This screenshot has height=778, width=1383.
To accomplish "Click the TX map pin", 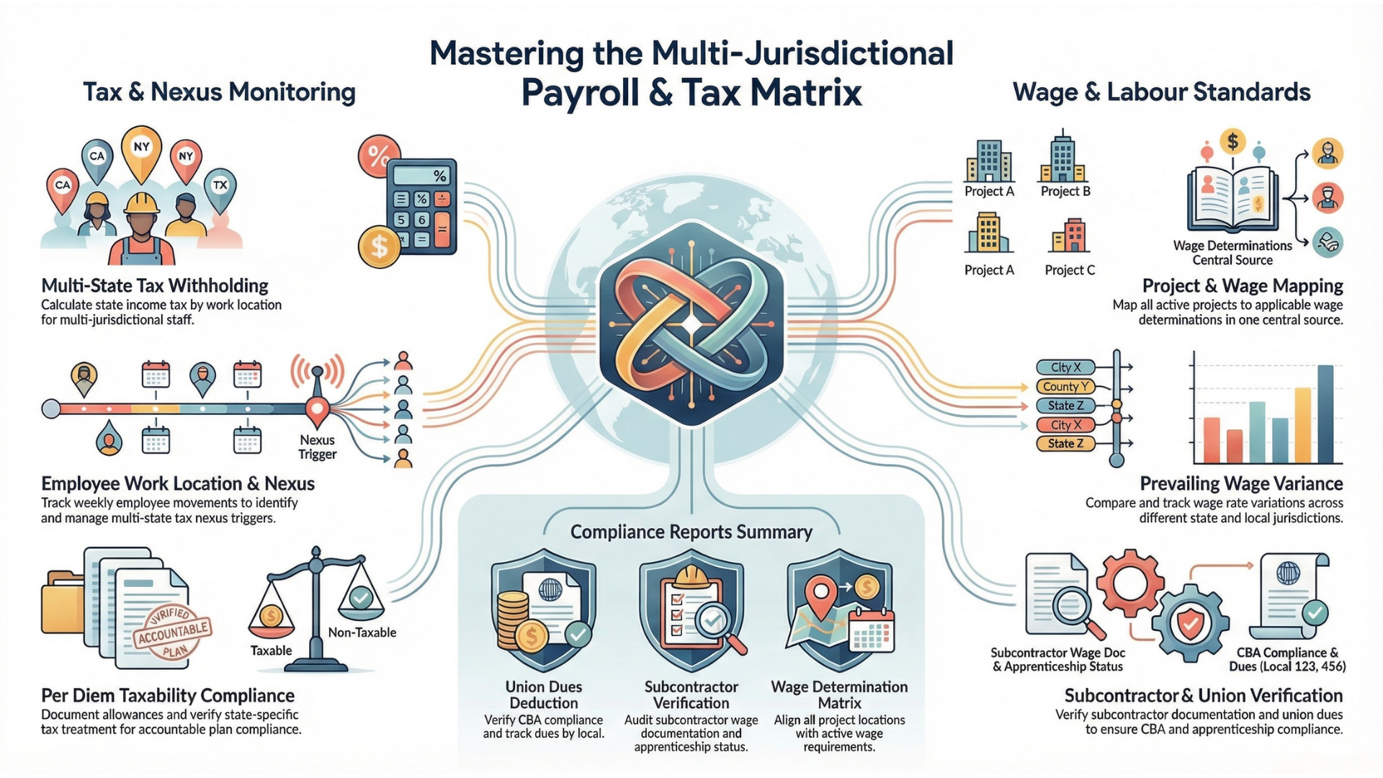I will tap(220, 187).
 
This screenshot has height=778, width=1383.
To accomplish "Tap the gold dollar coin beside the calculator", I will tap(378, 246).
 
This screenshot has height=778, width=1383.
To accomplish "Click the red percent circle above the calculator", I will tap(378, 155).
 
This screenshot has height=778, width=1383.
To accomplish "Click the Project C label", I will tap(1070, 270).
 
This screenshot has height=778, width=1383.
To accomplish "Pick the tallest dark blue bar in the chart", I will tap(1325, 413).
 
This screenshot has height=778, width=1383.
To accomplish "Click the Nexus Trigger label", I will tap(317, 447).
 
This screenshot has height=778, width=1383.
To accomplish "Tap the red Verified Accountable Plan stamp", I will tap(171, 632).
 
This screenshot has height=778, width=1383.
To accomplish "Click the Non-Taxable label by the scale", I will tap(362, 632).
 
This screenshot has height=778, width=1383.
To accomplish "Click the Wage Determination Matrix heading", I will tap(839, 694).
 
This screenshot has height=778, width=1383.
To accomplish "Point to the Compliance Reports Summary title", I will tap(691, 532).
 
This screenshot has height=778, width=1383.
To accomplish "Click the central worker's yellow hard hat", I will tap(141, 204).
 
